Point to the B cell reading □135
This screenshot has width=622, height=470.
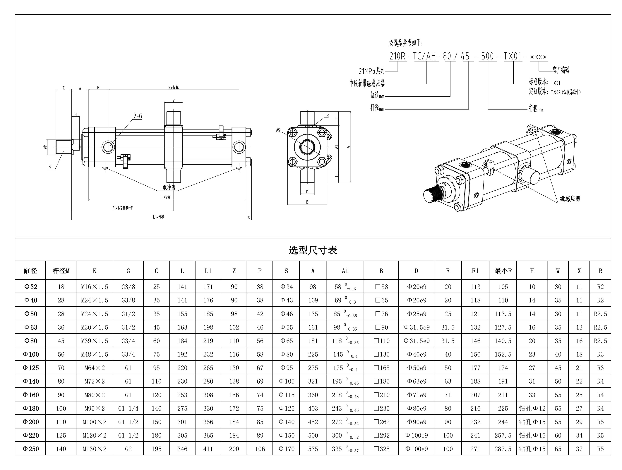381,354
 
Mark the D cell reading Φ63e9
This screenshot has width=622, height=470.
417,381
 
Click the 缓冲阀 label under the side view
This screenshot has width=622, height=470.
169,187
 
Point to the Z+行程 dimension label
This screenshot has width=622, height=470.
174,88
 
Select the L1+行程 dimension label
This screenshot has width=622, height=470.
159,217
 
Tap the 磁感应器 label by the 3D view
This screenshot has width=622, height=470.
570,199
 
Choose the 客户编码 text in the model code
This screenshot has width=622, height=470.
561,70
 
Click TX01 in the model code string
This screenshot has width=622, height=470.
513,56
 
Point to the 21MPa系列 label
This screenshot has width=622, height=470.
371,71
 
